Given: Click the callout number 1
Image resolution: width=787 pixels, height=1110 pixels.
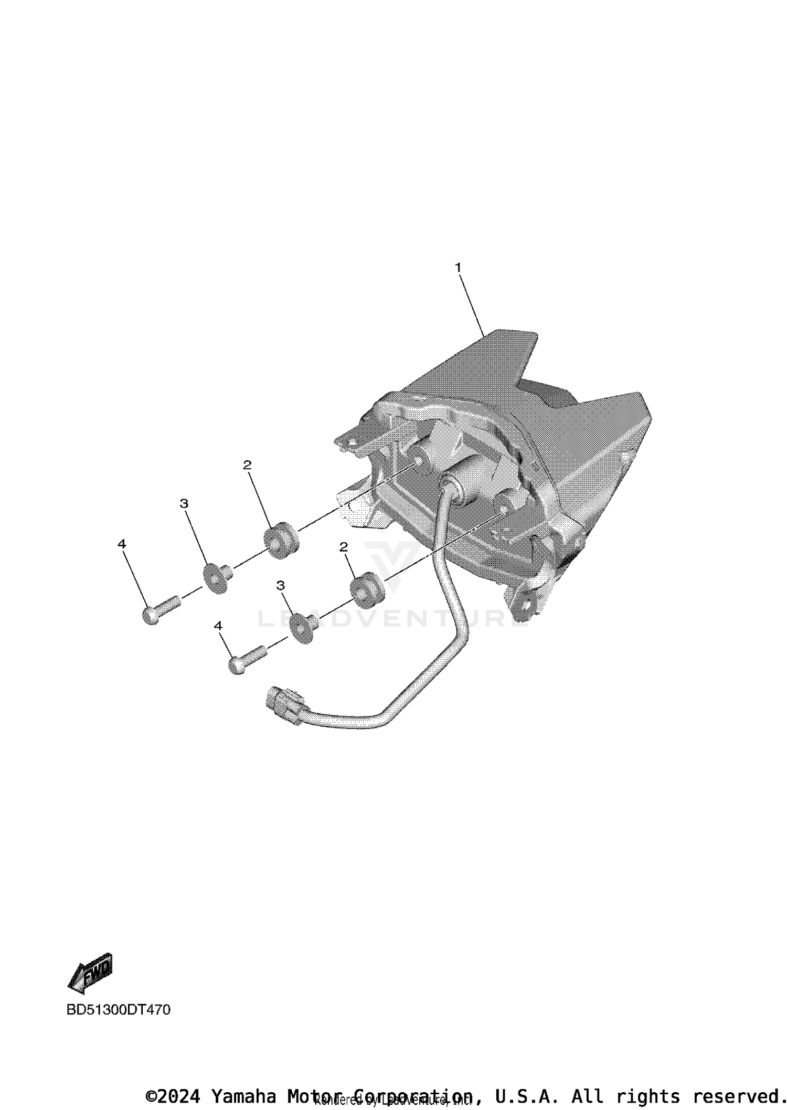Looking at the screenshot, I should [458, 268].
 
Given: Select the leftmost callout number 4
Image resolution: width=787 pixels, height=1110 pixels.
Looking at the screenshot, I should [122, 544].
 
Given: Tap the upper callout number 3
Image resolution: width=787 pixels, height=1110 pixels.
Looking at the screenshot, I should [184, 503].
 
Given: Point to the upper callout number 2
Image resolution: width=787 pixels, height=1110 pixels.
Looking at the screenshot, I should [247, 465].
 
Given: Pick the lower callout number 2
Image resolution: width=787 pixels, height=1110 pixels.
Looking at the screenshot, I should [344, 547].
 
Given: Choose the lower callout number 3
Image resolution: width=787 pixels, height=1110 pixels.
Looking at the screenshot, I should [281, 585].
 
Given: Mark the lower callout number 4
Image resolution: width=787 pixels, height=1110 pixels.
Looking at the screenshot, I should [218, 626].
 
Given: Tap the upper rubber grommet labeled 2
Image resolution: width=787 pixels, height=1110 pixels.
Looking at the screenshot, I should [280, 540].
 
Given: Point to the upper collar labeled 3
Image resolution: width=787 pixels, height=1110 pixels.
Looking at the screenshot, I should [215, 577].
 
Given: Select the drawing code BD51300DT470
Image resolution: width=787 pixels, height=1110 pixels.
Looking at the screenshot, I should [119, 1009].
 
